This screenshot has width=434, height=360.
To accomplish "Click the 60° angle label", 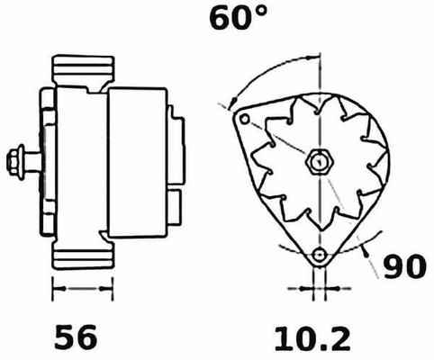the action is [x=238, y=18].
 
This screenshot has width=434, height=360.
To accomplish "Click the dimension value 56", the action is [x=76, y=337].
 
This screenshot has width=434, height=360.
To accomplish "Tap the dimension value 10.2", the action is [x=312, y=339].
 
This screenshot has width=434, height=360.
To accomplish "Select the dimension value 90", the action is [x=405, y=266].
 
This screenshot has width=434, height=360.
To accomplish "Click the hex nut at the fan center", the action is [x=319, y=162].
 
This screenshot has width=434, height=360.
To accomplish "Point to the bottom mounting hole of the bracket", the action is [x=319, y=256].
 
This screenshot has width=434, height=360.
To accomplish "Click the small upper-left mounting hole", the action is [x=245, y=119].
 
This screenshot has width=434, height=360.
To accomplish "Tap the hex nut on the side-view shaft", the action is [x=13, y=162].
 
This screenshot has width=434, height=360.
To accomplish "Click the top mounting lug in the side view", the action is [x=84, y=70].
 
